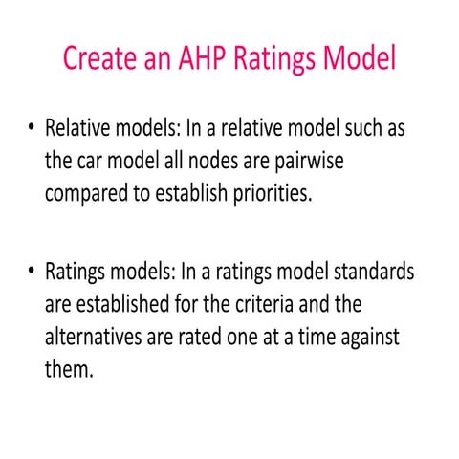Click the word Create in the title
tap(99, 57)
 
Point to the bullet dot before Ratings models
tap(33, 272)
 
